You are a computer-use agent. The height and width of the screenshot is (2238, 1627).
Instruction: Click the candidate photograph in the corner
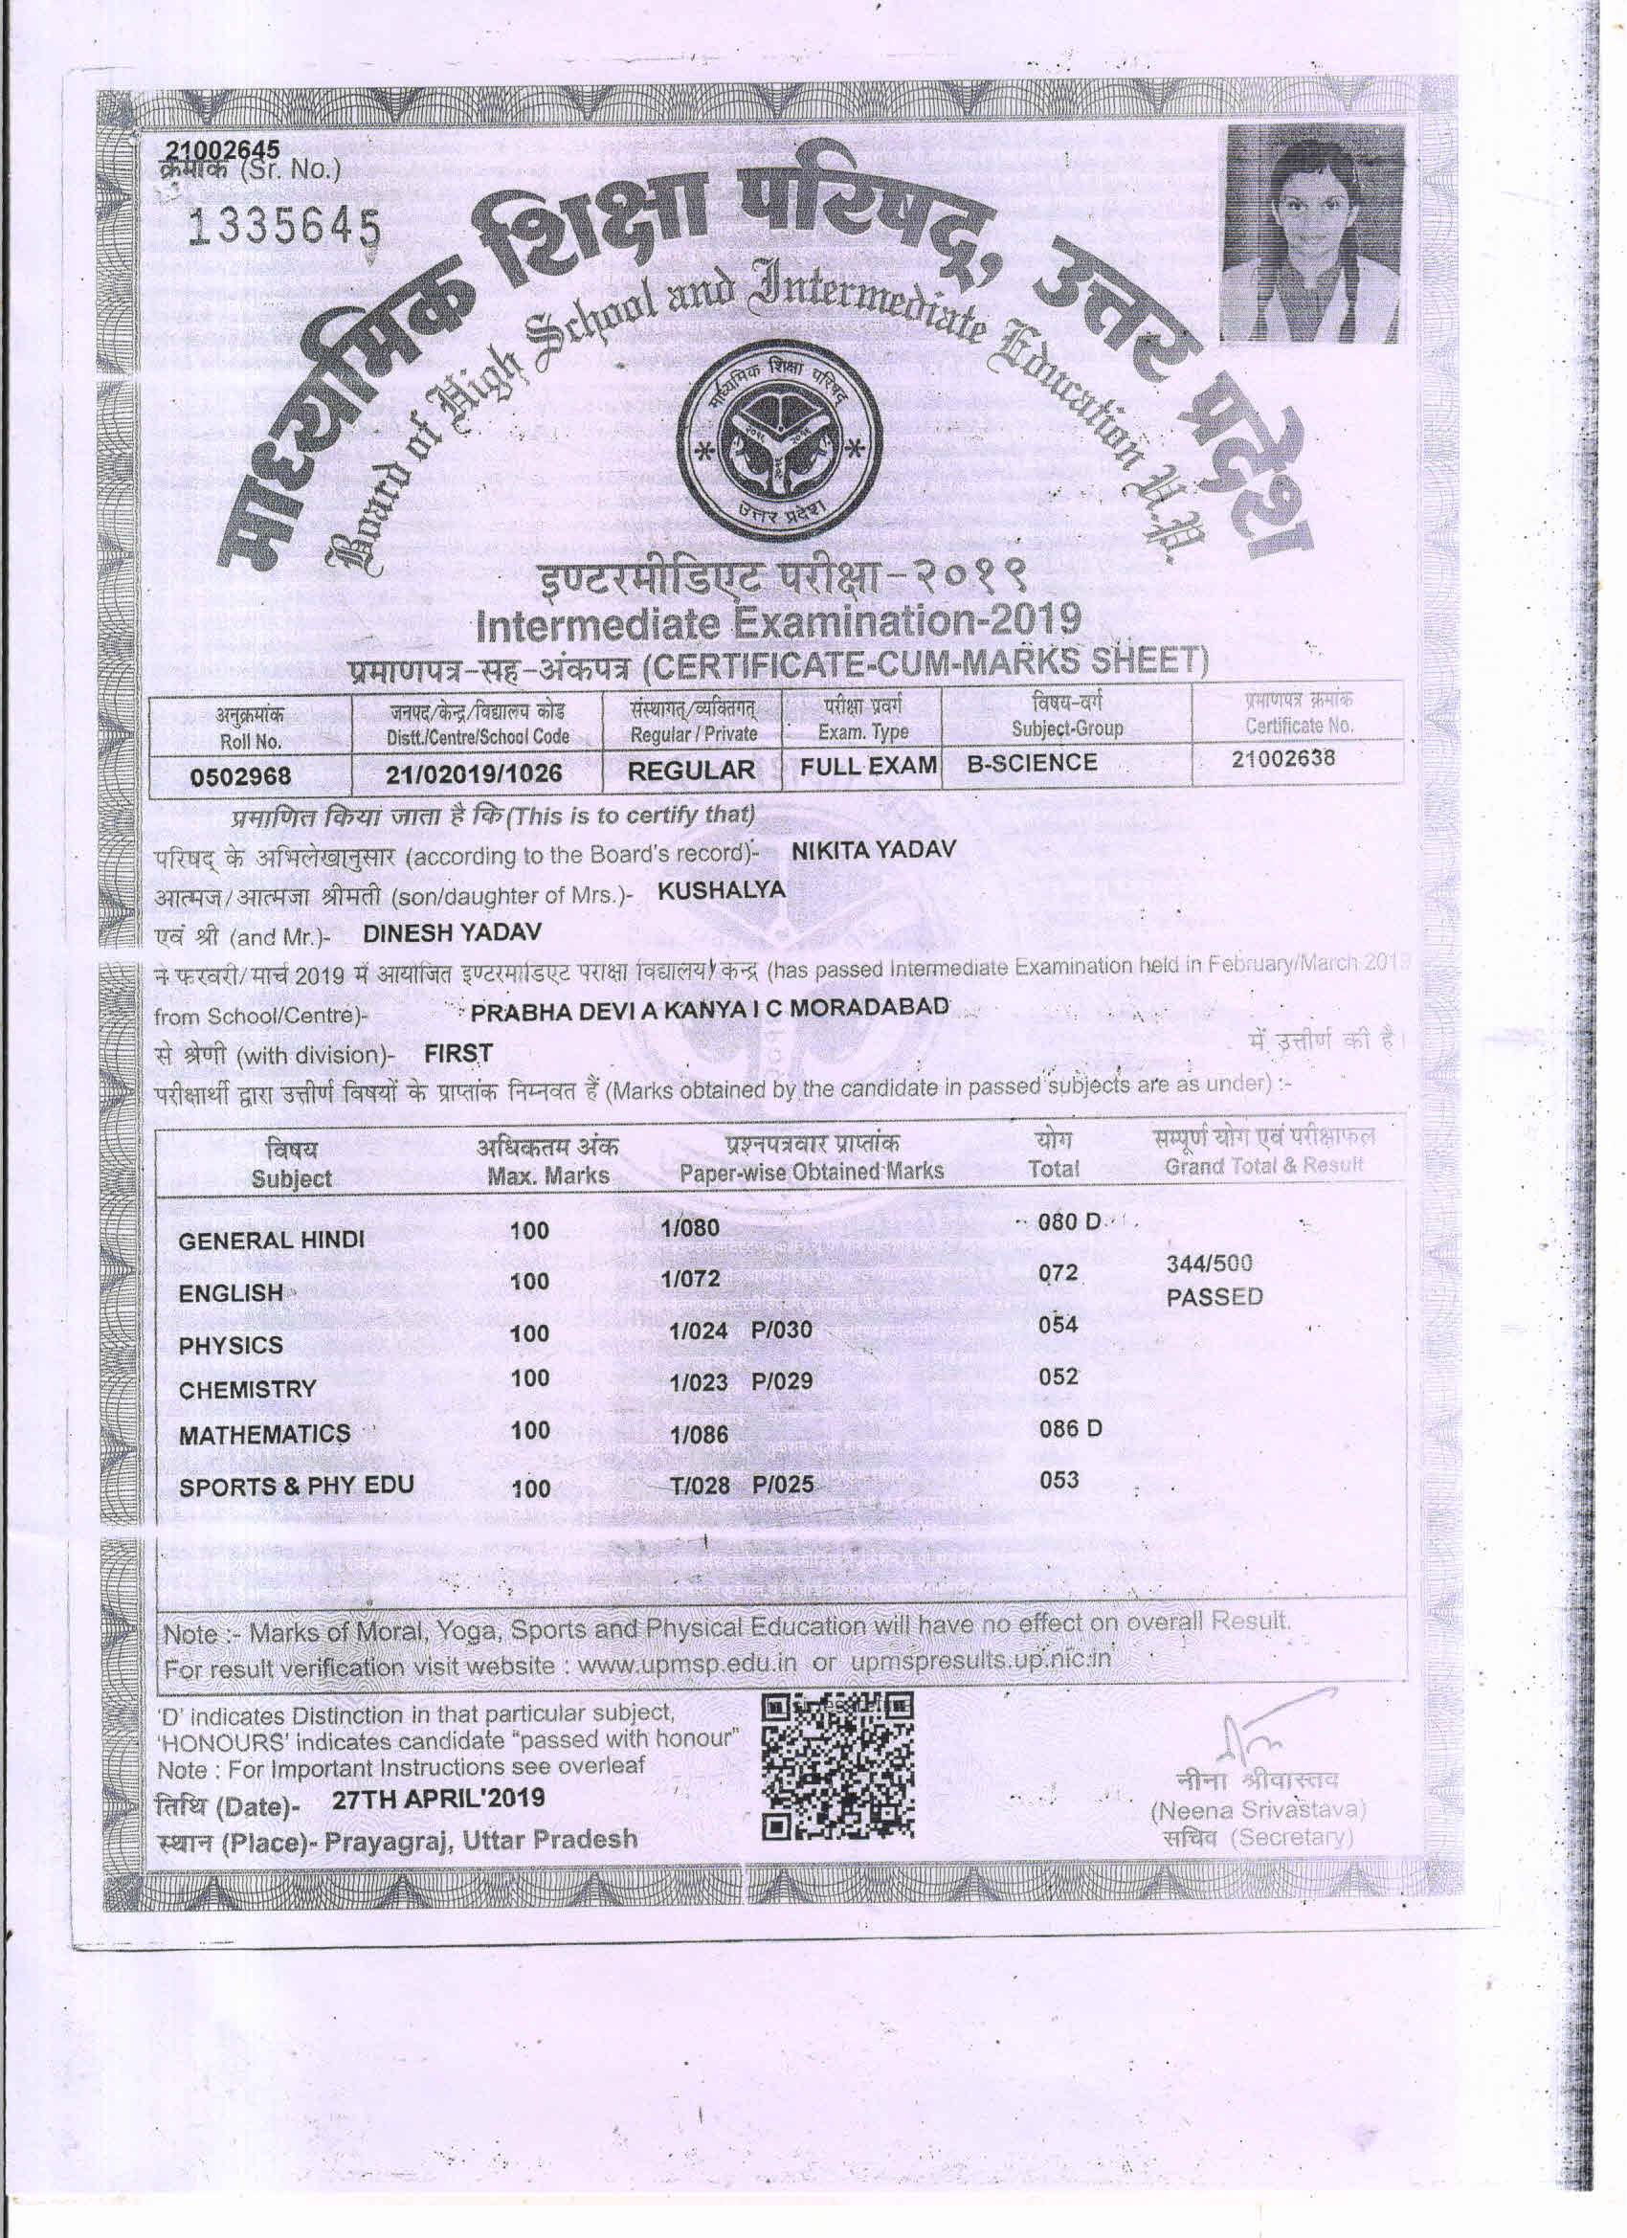(x=1308, y=235)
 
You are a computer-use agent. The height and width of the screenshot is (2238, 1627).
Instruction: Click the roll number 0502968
(x=241, y=774)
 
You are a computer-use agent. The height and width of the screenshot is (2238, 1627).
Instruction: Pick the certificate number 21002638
(x=1282, y=758)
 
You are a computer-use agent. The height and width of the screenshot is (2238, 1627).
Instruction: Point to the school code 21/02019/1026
(x=474, y=772)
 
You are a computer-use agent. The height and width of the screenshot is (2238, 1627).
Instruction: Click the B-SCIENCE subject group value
(x=1031, y=763)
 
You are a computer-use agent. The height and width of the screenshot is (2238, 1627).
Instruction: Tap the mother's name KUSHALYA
(x=722, y=889)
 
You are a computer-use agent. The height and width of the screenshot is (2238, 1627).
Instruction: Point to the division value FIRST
(x=457, y=1053)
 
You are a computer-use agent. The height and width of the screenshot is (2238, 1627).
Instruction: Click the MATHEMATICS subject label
(x=264, y=1435)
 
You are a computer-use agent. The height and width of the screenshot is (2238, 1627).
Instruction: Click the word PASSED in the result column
(x=1214, y=1297)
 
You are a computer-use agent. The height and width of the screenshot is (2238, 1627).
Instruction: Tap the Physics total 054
(x=1058, y=1325)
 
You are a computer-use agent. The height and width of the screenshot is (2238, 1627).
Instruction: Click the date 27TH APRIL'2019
(x=438, y=1798)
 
